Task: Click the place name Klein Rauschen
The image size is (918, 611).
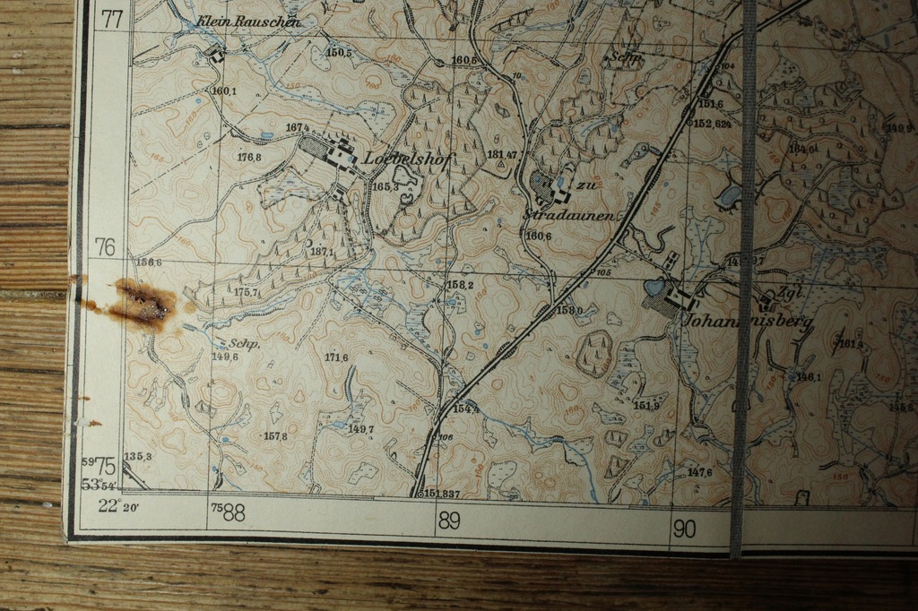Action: pos(248,22)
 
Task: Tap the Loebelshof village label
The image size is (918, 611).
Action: pos(409,159)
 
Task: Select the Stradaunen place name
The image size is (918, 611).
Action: pos(568,216)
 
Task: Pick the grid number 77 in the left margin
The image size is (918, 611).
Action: pos(112,18)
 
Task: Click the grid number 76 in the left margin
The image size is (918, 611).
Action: pos(106,246)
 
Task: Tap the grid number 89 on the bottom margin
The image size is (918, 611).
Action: pos(448,520)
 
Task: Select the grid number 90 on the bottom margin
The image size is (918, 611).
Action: pos(683,529)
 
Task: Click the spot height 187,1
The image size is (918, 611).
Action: pos(322,252)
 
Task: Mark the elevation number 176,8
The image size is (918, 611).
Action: pos(249,158)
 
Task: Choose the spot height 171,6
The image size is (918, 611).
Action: pos(336,357)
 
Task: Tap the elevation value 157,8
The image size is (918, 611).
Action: pos(275,436)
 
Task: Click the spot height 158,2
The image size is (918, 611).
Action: pos(460,285)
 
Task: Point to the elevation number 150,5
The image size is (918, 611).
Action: pos(339,53)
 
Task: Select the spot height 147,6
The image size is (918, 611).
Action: pos(699,472)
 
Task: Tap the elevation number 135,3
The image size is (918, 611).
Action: pos(137,456)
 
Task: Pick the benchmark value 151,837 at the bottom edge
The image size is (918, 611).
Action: pos(442,494)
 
